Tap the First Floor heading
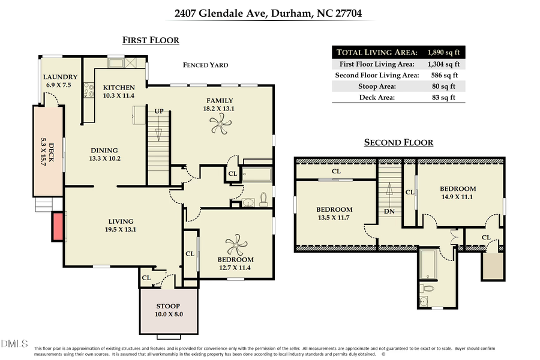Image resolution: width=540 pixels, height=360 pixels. (x=151, y=40)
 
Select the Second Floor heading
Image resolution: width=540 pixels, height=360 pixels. (x=398, y=142)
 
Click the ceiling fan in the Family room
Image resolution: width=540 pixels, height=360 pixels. (x=220, y=125)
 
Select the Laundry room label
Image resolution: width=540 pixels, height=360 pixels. (x=61, y=81)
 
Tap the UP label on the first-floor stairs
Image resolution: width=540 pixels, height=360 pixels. (x=159, y=112)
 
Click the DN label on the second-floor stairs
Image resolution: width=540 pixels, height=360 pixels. (x=388, y=212)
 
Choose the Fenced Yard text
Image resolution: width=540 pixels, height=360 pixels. (x=206, y=65)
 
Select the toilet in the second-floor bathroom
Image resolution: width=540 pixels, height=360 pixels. (x=426, y=289)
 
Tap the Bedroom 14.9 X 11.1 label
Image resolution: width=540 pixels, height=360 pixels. (x=458, y=192)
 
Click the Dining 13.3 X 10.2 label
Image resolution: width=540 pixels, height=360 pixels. (x=104, y=154)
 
